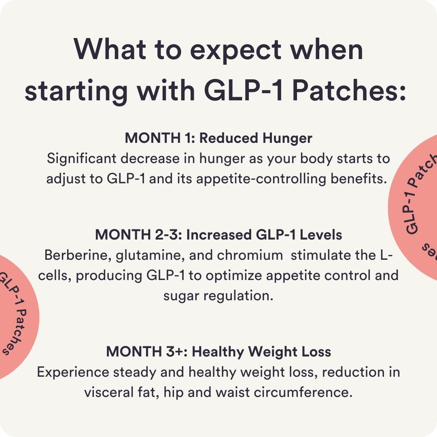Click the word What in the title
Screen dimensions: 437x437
tap(110, 49)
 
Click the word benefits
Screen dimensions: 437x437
tap(359, 179)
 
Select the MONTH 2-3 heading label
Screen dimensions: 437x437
tap(138, 235)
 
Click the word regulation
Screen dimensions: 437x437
tap(238, 296)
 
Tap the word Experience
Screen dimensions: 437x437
tap(73, 372)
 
